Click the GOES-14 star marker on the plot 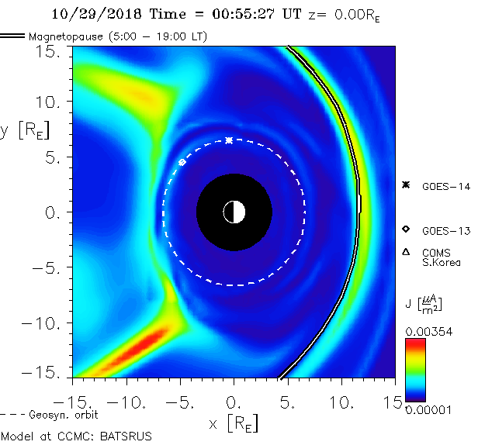pos(229,140)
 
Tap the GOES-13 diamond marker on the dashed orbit pos(182,162)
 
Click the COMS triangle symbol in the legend pos(405,252)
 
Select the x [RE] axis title pos(233,423)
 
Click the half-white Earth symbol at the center pos(234,212)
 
